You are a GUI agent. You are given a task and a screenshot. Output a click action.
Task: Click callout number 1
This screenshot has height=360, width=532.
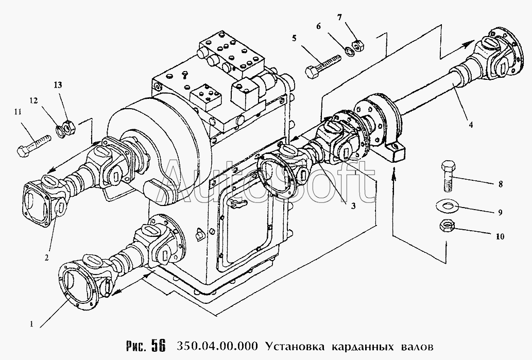[x=32, y=324]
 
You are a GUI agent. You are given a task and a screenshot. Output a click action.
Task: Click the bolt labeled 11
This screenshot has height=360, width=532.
[x=32, y=146]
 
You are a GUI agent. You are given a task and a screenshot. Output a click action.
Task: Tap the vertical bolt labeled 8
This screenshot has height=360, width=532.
[x=447, y=177]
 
